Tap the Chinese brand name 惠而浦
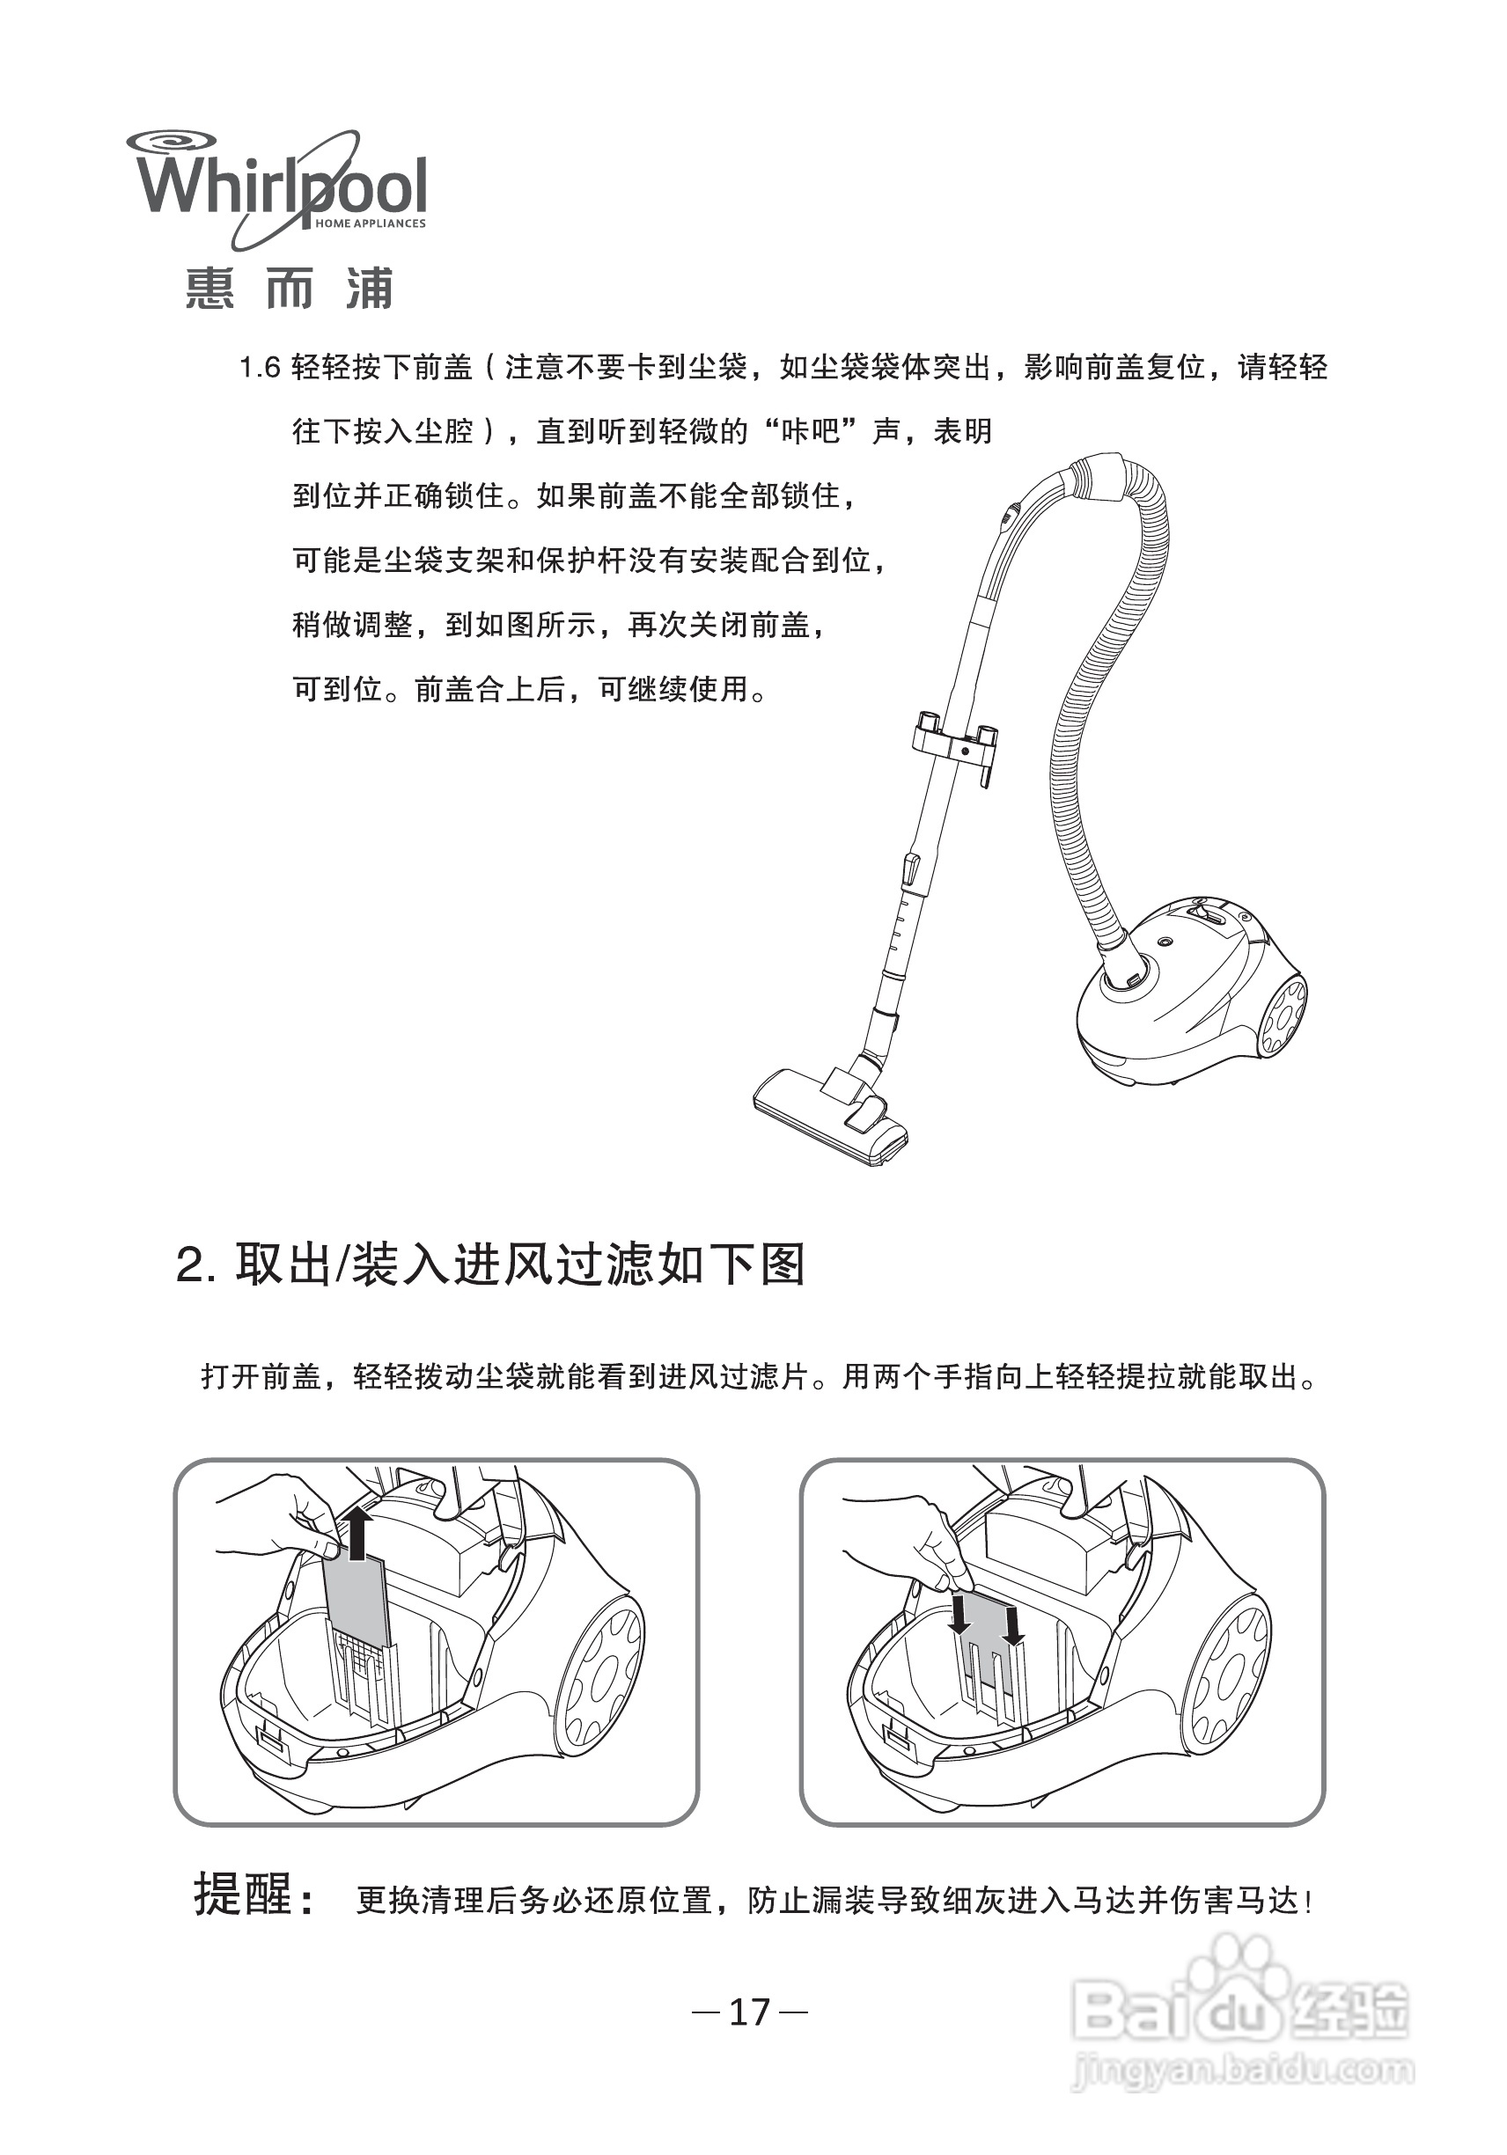point(288,288)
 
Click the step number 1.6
point(260,367)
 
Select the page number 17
point(749,2012)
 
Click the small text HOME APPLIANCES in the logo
point(370,224)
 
